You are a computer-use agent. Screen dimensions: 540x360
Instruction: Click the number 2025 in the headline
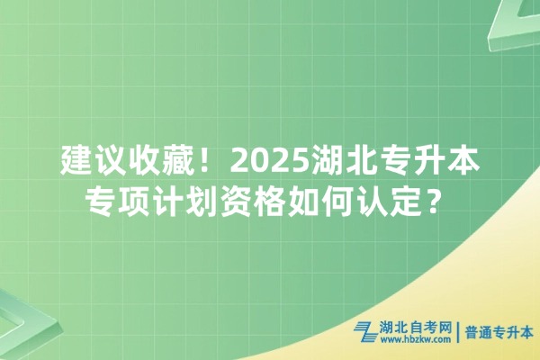click(271, 162)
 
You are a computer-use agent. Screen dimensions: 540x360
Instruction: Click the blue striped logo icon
click(366, 332)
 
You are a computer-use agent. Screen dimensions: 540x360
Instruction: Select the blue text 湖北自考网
click(415, 328)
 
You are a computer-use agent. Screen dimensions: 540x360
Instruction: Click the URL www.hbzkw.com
click(415, 340)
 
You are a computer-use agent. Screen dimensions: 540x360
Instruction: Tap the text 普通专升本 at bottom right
click(499, 333)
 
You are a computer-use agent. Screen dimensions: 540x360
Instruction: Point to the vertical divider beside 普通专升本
click(458, 333)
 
